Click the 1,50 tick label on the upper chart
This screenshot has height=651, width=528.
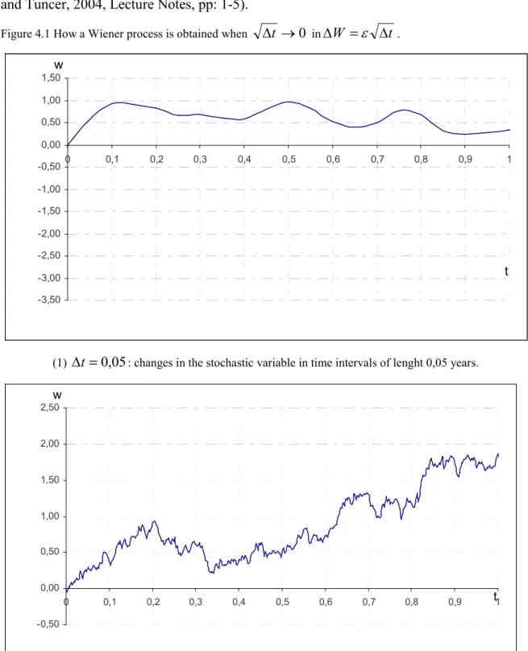pos(51,78)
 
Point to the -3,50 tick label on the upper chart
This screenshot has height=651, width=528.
pos(49,300)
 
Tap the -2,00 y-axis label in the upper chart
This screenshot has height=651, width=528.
pos(49,233)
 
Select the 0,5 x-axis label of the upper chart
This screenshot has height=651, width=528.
pos(289,159)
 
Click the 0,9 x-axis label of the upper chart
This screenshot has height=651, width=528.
pos(465,159)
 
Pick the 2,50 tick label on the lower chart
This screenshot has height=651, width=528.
pos(50,407)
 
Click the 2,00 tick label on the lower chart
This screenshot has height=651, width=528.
pos(50,444)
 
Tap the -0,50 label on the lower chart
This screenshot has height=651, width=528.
pos(48,624)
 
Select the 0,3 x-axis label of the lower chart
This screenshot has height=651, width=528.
pos(195,602)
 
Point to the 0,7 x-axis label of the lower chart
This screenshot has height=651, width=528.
pos(368,602)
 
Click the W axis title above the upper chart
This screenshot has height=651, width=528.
pos(59,65)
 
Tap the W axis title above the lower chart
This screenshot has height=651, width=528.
pos(57,395)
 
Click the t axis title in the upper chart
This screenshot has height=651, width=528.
pos(506,271)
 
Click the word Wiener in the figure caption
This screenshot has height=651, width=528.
pos(103,34)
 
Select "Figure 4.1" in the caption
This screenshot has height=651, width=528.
pos(26,34)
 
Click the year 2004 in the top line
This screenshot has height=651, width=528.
pos(89,6)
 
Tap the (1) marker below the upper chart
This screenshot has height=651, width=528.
pos(60,363)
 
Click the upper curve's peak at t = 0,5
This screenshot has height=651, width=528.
pos(289,102)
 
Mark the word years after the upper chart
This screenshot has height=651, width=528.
pos(464,363)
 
